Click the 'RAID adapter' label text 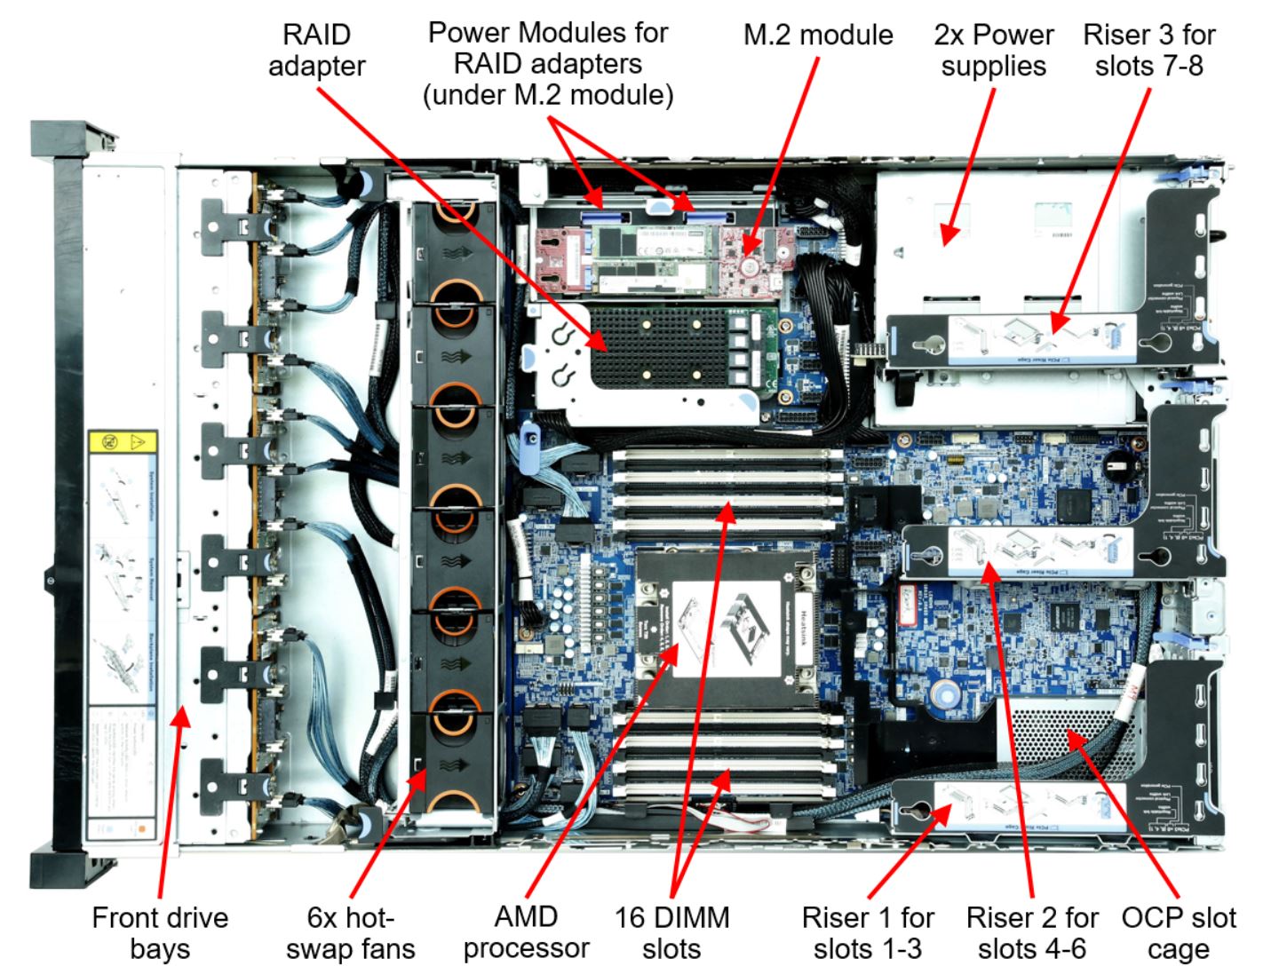click(x=316, y=50)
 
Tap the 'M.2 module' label click(x=817, y=35)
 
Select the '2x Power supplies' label click(x=993, y=50)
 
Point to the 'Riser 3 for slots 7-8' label click(x=1148, y=50)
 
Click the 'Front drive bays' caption click(x=160, y=932)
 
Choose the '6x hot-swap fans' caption click(x=350, y=932)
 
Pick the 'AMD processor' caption click(x=526, y=932)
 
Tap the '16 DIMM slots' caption click(x=671, y=932)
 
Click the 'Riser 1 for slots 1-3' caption click(x=867, y=932)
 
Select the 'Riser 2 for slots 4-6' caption click(x=1031, y=932)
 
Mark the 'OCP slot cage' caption click(x=1178, y=932)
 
